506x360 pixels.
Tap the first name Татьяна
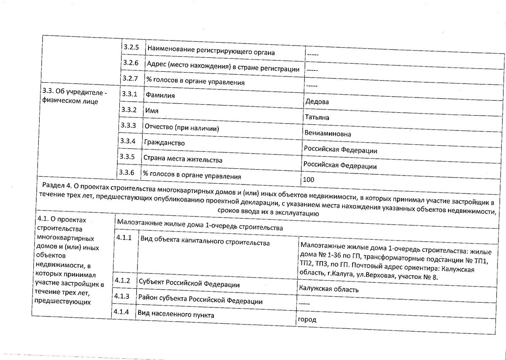point(316,117)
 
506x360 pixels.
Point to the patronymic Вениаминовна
point(328,134)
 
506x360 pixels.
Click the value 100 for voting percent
point(308,180)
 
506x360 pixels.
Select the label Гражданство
point(164,143)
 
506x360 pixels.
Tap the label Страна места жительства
point(183,160)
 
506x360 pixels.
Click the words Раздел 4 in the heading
point(57,185)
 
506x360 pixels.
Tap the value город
point(307,319)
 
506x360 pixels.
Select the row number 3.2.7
point(130,78)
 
